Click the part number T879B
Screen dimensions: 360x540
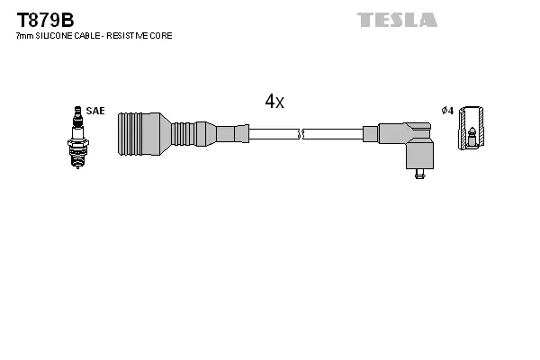click(41, 19)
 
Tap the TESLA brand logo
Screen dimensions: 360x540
click(397, 19)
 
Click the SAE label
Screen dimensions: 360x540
click(96, 111)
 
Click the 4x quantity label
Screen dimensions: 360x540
click(274, 102)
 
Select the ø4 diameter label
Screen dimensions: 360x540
click(447, 111)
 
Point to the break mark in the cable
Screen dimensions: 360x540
click(301, 134)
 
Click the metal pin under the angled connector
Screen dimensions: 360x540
click(419, 173)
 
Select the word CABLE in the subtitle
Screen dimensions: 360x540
click(87, 36)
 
